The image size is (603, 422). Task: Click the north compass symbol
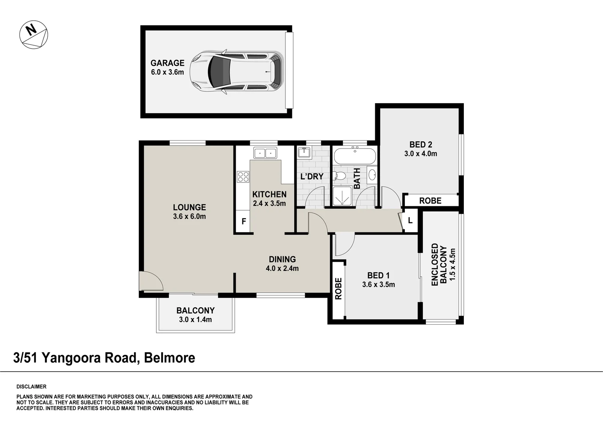click(x=34, y=35)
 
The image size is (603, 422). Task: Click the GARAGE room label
click(x=167, y=63)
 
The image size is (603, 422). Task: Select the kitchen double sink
click(x=265, y=153)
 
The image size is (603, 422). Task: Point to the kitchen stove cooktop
click(x=243, y=177)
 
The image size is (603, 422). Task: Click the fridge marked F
click(x=243, y=222)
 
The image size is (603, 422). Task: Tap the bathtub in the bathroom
click(x=355, y=156)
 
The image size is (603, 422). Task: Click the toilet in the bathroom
click(x=340, y=176)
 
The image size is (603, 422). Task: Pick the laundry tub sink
click(x=304, y=152)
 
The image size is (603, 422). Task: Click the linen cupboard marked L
click(x=410, y=221)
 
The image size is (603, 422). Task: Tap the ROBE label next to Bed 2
click(x=430, y=200)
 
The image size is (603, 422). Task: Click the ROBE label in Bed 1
click(x=338, y=288)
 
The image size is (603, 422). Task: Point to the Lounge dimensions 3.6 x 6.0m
click(x=189, y=216)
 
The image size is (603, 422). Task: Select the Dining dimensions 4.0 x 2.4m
click(x=282, y=268)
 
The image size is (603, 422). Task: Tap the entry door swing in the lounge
click(x=150, y=281)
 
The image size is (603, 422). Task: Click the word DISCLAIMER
click(x=31, y=387)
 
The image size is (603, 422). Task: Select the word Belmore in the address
click(x=170, y=358)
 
